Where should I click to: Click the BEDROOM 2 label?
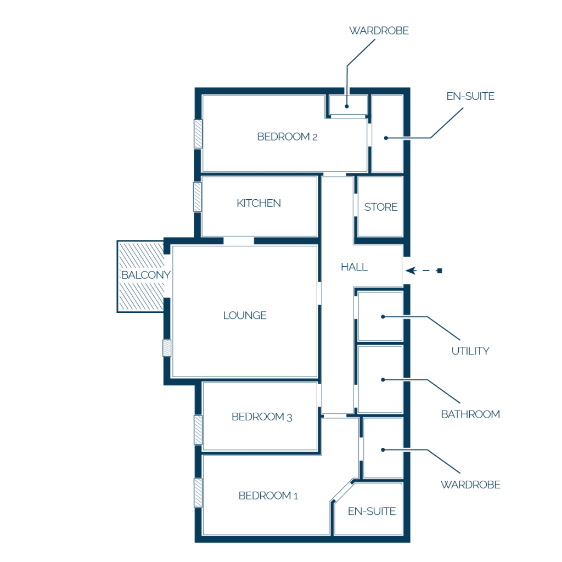point(287,137)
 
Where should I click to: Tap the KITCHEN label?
point(258,203)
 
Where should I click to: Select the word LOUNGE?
point(244,316)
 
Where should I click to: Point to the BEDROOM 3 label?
point(262,417)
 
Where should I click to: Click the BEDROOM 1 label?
point(268,496)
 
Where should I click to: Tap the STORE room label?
point(381,207)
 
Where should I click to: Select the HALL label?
point(354,267)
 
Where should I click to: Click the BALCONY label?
point(146,275)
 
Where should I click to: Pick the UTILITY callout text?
point(470,351)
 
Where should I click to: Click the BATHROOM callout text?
point(470,414)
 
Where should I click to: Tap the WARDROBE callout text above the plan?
point(379,31)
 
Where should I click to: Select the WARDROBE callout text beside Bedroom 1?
point(470,485)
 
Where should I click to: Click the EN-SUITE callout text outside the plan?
point(470,96)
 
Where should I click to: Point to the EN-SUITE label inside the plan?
point(372,511)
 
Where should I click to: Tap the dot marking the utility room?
point(383,317)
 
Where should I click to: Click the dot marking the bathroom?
point(383,380)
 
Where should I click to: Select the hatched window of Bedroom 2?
point(198,134)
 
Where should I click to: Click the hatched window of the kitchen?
point(198,197)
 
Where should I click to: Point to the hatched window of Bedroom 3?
point(198,430)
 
